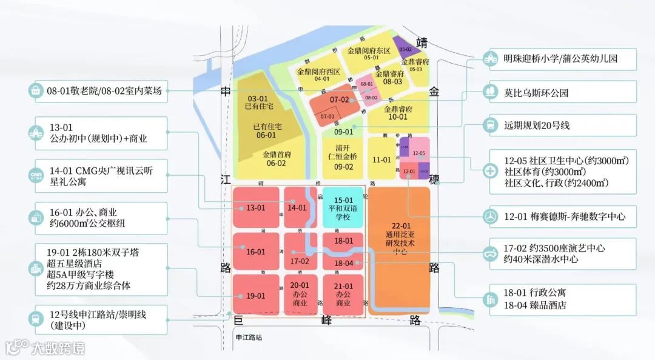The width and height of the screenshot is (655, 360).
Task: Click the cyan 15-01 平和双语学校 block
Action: tap(343, 207)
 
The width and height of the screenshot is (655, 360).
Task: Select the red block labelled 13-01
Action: tap(255, 208)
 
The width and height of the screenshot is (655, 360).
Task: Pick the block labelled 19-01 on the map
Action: tap(255, 295)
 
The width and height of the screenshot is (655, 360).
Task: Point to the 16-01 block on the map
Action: tap(255, 252)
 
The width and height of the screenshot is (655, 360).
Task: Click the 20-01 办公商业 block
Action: tap(300, 295)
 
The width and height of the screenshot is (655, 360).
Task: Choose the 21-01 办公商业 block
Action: tap(343, 295)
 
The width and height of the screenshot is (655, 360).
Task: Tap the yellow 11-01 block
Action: tap(381, 159)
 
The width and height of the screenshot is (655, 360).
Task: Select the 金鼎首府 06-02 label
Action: tap(274, 159)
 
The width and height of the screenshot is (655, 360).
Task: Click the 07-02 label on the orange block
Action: tap(339, 100)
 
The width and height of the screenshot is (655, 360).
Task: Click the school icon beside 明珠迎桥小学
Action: tap(489, 59)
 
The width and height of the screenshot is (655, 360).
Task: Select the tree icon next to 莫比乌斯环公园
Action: tap(489, 92)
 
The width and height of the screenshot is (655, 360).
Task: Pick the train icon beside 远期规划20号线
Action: tap(489, 125)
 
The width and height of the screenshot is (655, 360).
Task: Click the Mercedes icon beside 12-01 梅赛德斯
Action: tap(489, 216)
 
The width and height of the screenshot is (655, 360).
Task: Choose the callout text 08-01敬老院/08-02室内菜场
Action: tap(104, 91)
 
